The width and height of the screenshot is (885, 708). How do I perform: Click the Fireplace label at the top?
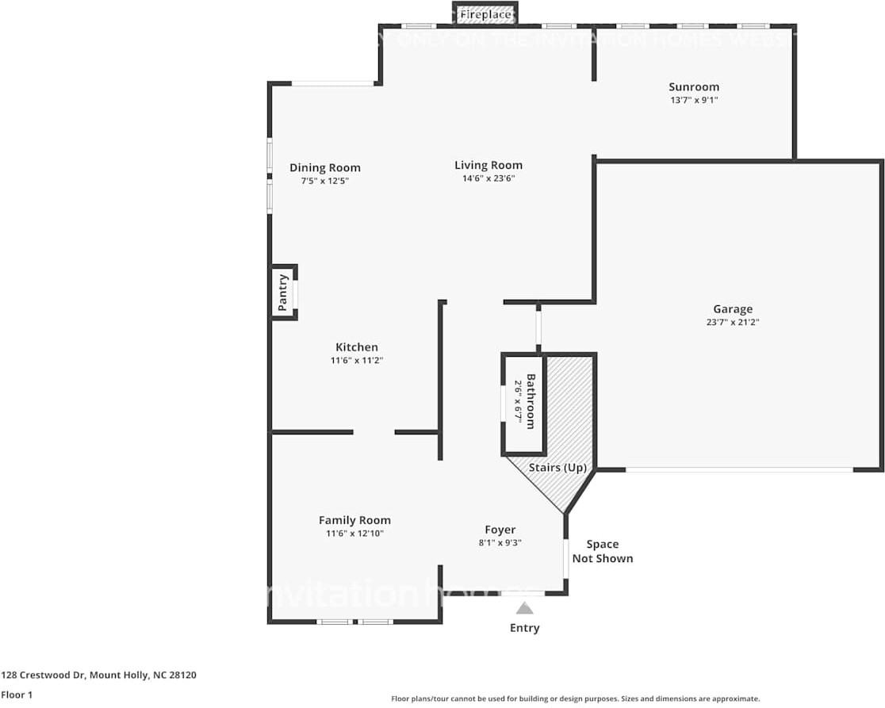485,14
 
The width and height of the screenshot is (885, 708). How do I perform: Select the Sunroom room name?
693,87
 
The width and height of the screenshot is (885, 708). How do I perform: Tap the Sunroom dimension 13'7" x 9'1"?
693,100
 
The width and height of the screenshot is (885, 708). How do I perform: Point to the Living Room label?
488,165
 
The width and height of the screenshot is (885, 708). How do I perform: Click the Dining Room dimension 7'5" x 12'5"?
324,181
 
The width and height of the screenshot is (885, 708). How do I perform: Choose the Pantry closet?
283,293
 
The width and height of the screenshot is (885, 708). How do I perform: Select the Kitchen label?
356,347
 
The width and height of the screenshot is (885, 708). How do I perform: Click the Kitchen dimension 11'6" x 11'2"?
356,360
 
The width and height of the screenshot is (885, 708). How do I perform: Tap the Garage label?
732,309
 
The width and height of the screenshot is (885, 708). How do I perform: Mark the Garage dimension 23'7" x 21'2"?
732,322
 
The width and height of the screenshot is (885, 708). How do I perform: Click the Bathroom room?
525,403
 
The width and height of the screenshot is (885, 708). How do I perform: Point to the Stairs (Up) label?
557,468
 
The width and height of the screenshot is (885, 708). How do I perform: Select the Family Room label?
354,520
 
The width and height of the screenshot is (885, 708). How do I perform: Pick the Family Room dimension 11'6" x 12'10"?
354,534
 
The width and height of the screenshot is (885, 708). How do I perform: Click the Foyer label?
500,530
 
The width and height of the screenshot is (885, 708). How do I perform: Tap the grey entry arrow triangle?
524,608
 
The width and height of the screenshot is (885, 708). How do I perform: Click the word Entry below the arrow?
524,628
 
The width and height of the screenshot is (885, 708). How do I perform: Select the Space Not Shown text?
603,551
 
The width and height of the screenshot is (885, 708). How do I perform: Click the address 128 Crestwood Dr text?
98,675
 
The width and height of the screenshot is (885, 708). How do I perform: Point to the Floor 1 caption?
16,695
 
